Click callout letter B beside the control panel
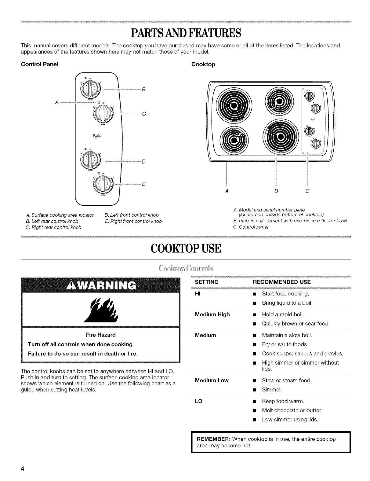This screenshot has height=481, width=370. [143, 90]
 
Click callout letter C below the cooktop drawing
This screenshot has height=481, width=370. [307, 191]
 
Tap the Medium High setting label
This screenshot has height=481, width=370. [212, 314]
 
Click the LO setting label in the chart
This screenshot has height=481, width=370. [199, 401]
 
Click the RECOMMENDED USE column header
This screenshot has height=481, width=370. [282, 282]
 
